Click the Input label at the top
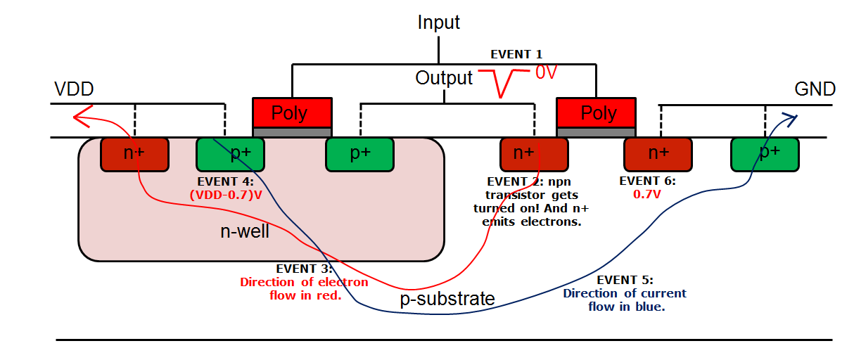coord(438,22)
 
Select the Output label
coord(444,77)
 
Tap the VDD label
coord(74,89)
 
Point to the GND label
coord(815,89)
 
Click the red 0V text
coord(546,72)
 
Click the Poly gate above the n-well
coord(292,113)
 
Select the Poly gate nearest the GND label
coord(596,113)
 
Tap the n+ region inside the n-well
coord(135,154)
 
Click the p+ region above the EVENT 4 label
coord(230,154)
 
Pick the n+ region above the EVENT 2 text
coord(533,154)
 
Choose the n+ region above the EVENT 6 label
coord(658,154)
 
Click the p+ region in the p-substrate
coord(765,154)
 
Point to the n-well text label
coord(245,231)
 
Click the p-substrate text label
coord(447,299)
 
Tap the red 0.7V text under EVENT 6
coord(647,194)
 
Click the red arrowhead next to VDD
coord(81,117)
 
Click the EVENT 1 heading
coord(516,54)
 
